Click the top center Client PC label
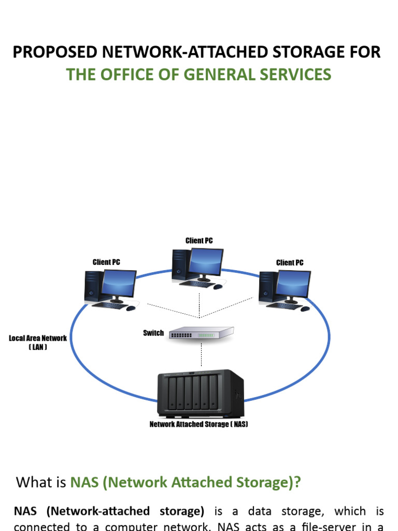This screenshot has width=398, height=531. pos(199,241)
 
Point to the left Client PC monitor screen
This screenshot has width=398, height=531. pos(119,284)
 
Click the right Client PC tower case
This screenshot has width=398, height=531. pos(266,287)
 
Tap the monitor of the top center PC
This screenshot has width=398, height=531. pos(206,262)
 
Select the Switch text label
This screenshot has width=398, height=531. pos(153,333)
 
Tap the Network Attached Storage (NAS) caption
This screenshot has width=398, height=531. pos(199,424)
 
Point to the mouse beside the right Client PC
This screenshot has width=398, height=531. pos(305,309)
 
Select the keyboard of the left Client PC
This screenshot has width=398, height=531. pos(109,305)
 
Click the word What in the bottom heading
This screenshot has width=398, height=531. pos(34,482)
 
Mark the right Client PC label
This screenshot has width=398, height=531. pos(290,262)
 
